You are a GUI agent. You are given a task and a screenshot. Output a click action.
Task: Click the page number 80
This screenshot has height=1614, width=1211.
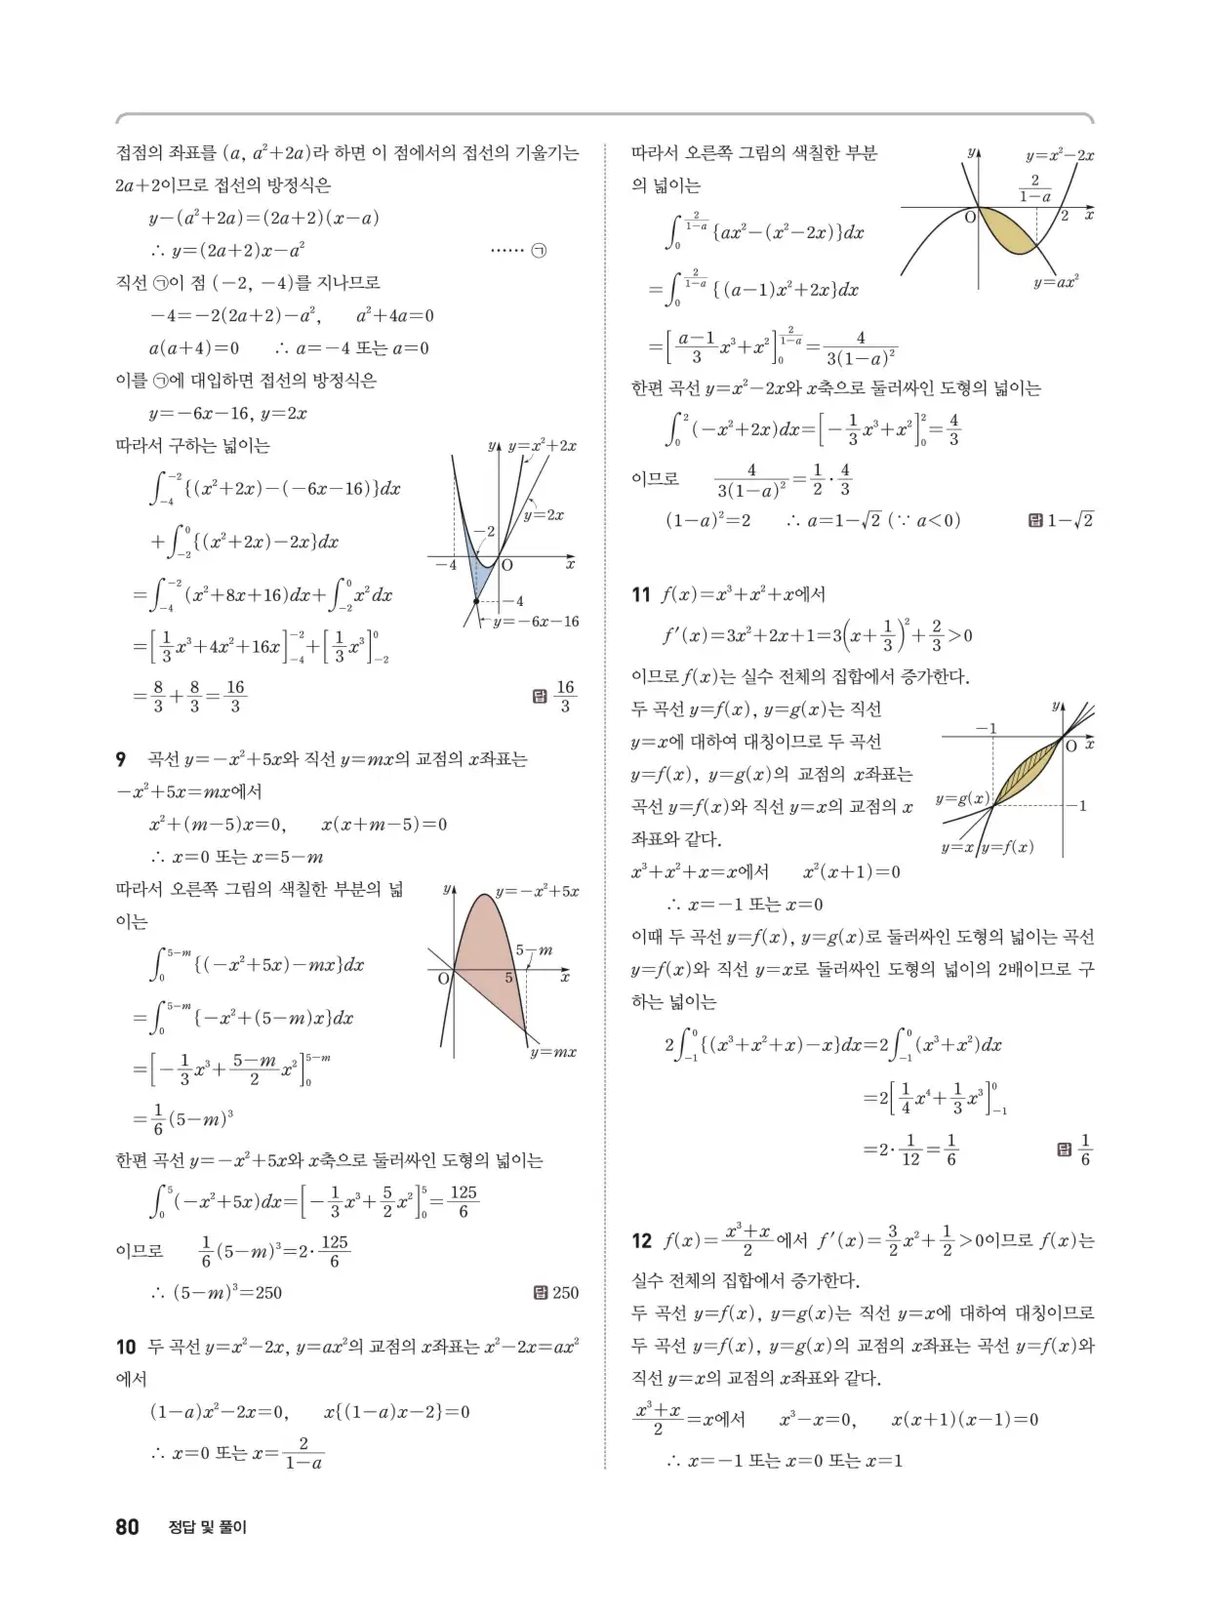pyautogui.click(x=127, y=1527)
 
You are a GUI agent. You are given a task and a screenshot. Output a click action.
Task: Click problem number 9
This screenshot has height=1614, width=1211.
pyautogui.click(x=121, y=759)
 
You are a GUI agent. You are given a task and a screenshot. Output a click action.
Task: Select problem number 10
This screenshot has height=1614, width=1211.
pyautogui.click(x=125, y=1348)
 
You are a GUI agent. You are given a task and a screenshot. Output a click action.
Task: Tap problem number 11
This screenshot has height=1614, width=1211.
pyautogui.click(x=640, y=594)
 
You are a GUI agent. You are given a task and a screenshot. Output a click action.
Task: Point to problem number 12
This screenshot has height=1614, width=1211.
pyautogui.click(x=641, y=1241)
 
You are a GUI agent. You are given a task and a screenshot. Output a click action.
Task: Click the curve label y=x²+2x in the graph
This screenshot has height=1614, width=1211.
pyautogui.click(x=542, y=446)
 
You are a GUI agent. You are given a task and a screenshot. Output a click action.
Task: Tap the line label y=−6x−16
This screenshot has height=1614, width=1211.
pyautogui.click(x=536, y=622)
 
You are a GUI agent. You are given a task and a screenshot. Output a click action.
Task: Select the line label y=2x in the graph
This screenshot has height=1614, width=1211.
pyautogui.click(x=544, y=514)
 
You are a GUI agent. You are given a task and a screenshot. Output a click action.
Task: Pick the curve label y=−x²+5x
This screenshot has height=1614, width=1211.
pyautogui.click(x=537, y=891)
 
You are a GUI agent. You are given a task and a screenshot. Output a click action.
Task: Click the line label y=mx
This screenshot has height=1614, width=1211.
pyautogui.click(x=553, y=1052)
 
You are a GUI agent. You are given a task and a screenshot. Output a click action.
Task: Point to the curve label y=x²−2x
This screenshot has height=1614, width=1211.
pyautogui.click(x=1059, y=155)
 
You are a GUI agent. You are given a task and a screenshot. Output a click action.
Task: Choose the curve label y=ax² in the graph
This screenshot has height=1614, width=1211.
pyautogui.click(x=1056, y=282)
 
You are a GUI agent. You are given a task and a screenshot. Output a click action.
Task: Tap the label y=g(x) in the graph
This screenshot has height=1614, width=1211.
pyautogui.click(x=962, y=799)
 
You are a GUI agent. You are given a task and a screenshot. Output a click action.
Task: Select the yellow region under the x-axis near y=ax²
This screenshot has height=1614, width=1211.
pyautogui.click(x=1010, y=234)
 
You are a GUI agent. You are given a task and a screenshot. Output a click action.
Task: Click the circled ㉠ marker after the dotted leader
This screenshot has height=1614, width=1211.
pyautogui.click(x=538, y=251)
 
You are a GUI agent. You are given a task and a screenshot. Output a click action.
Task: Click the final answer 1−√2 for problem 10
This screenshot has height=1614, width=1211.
pyautogui.click(x=1070, y=520)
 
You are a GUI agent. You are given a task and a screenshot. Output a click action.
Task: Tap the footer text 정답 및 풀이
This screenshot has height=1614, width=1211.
pyautogui.click(x=208, y=1527)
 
